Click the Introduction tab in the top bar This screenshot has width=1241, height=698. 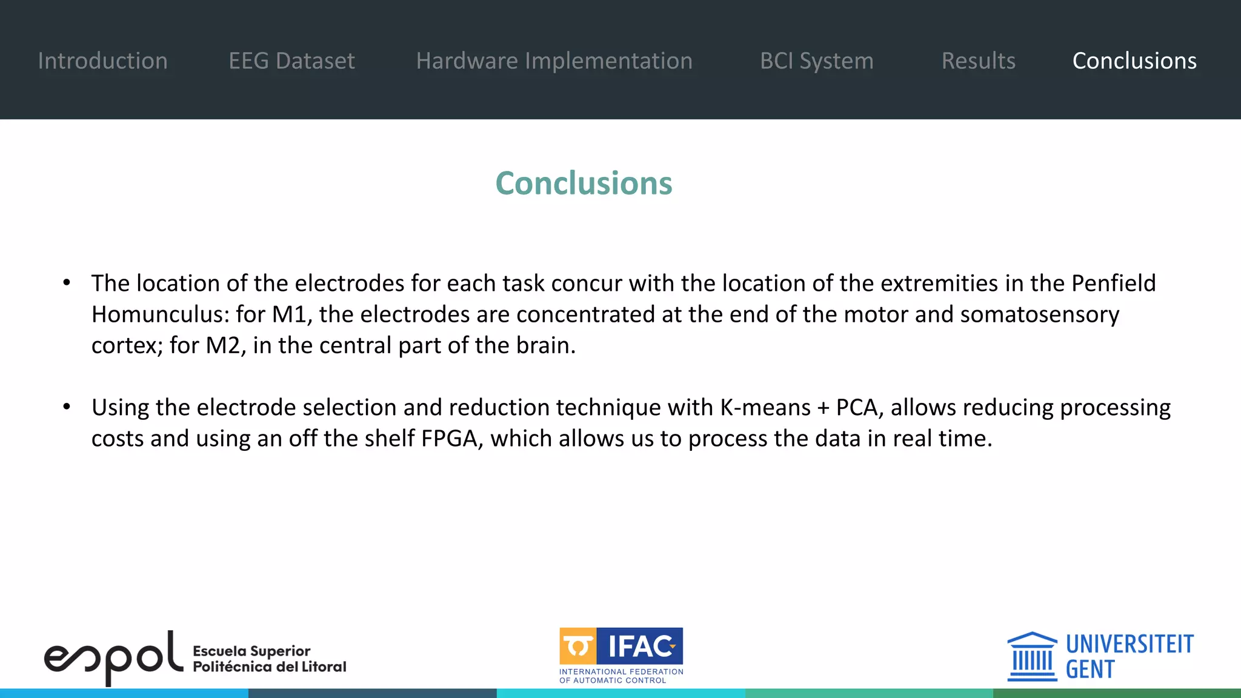pyautogui.click(x=102, y=61)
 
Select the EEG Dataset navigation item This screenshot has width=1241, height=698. pyautogui.click(x=291, y=61)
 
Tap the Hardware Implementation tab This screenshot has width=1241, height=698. pyautogui.click(x=554, y=61)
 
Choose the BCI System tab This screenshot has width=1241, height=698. pyautogui.click(x=816, y=61)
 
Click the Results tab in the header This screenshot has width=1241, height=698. pyautogui.click(x=978, y=61)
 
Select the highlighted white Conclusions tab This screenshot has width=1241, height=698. pyautogui.click(x=1134, y=61)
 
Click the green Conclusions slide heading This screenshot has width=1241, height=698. pyautogui.click(x=584, y=183)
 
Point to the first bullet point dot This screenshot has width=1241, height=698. pyautogui.click(x=67, y=282)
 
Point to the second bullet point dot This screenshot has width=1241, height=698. pyautogui.click(x=67, y=407)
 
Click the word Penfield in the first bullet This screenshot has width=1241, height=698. pyautogui.click(x=1113, y=283)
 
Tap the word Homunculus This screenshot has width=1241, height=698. pyautogui.click(x=160, y=314)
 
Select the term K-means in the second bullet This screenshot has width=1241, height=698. pyautogui.click(x=765, y=407)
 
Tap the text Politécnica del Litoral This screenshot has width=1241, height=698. pyautogui.click(x=269, y=666)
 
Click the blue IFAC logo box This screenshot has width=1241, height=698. pyautogui.click(x=640, y=646)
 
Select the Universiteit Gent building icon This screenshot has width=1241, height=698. pyautogui.click(x=1032, y=657)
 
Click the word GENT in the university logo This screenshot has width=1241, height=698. pyautogui.click(x=1090, y=670)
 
